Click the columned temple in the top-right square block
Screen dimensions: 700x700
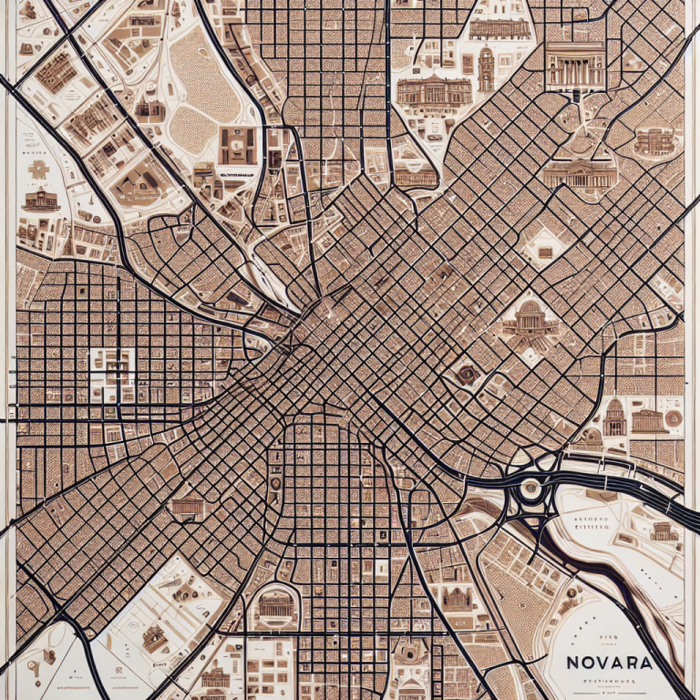pos(574,66)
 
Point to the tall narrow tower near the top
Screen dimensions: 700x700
pos(486,69)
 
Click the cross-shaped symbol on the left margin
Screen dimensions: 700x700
pos(37,170)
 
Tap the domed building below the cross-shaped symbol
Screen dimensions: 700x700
pos(39,201)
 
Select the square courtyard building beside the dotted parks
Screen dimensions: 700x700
pos(238,145)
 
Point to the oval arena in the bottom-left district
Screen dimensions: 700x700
pos(155,638)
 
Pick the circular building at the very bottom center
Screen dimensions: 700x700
pos(409,654)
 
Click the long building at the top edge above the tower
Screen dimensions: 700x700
pos(499,28)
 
